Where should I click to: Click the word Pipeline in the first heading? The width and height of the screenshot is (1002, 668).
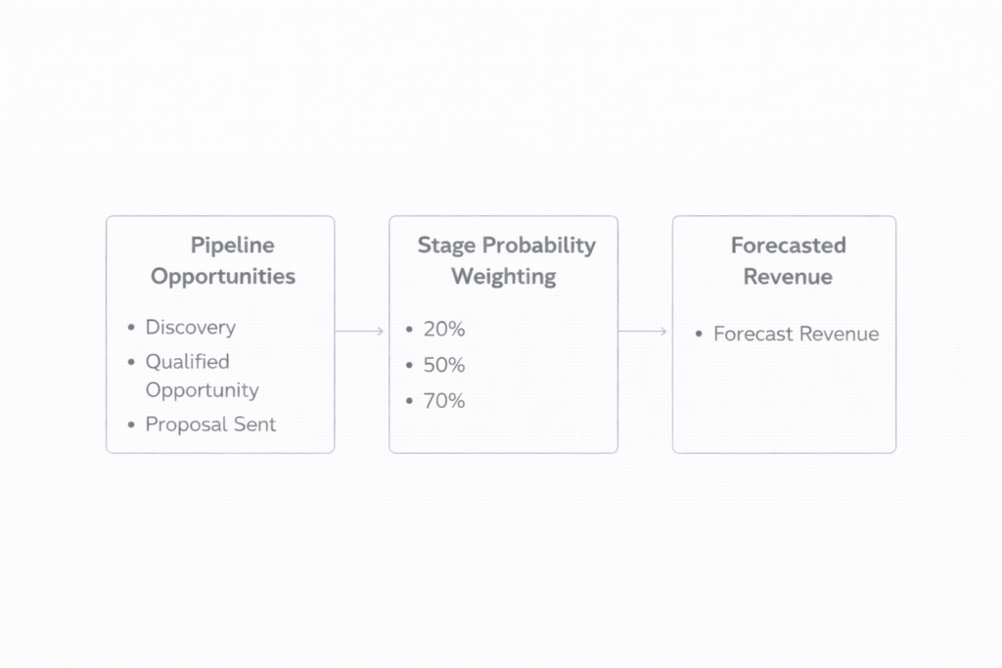pyautogui.click(x=232, y=245)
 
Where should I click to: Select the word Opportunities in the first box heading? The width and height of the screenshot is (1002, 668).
pyautogui.click(x=222, y=277)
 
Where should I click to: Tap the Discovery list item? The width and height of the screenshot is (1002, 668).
pyautogui.click(x=190, y=328)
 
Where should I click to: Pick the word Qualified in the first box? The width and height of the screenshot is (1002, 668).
pyautogui.click(x=187, y=362)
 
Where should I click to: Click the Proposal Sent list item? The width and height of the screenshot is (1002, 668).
pyautogui.click(x=210, y=424)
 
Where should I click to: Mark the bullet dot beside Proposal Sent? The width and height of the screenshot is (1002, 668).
pyautogui.click(x=131, y=425)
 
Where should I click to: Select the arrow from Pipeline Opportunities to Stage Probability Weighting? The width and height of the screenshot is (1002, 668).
pyautogui.click(x=360, y=332)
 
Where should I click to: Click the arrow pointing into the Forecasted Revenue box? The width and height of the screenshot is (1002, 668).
pyautogui.click(x=644, y=332)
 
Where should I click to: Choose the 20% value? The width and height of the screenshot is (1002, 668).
pyautogui.click(x=443, y=330)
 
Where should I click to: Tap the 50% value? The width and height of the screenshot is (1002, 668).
pyautogui.click(x=443, y=366)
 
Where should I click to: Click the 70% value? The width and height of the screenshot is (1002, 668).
pyautogui.click(x=443, y=401)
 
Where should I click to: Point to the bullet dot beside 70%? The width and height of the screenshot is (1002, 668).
pyautogui.click(x=409, y=402)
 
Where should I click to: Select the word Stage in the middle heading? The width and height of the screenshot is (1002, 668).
pyautogui.click(x=445, y=245)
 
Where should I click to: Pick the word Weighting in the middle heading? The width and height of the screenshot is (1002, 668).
pyautogui.click(x=503, y=277)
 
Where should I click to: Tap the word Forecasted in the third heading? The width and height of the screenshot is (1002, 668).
pyautogui.click(x=788, y=245)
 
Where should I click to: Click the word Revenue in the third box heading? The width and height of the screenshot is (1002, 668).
pyautogui.click(x=788, y=277)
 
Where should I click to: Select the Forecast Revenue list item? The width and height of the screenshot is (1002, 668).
pyautogui.click(x=796, y=334)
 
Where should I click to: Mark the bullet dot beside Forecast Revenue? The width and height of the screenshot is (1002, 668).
pyautogui.click(x=699, y=334)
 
